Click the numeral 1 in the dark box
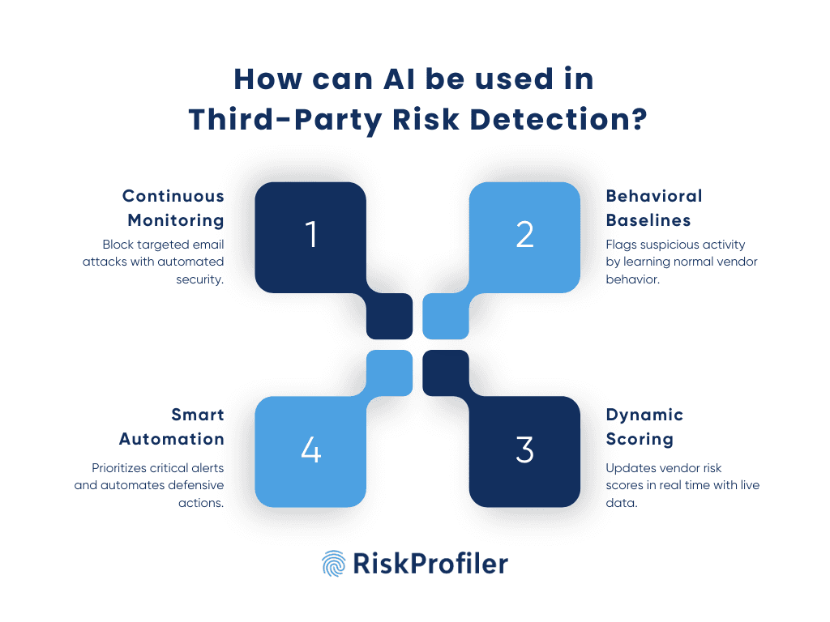pos(311,234)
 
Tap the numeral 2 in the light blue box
pos(525,234)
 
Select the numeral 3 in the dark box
pos(525,449)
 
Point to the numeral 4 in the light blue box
pos(311,449)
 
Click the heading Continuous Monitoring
pos(173,208)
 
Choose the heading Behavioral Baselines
pos(654,208)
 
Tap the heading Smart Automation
pos(172,427)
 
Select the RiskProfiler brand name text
pos(430,563)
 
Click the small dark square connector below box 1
pos(389,317)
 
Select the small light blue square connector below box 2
pos(446,317)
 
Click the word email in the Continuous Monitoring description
pos(208,244)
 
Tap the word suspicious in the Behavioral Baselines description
pos(661,244)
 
